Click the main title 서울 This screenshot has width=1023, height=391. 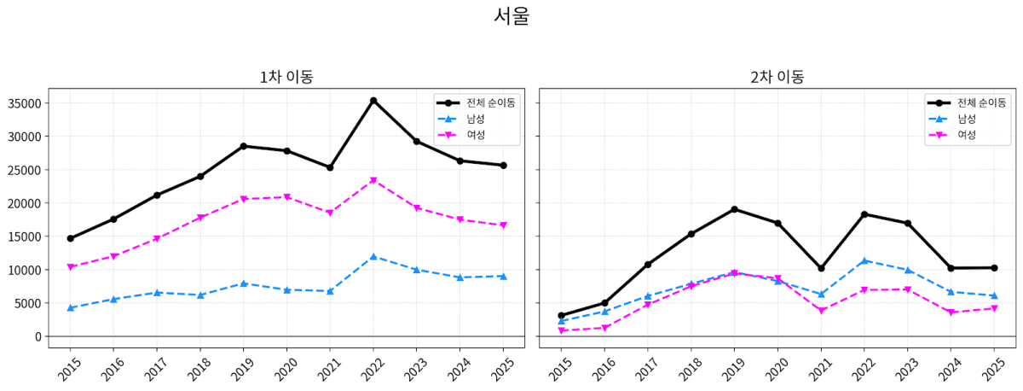511,16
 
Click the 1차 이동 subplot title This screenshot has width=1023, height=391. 286,76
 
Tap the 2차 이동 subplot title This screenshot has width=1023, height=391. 777,76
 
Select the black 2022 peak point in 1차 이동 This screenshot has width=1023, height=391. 373,101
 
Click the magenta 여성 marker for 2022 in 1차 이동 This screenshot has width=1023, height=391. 373,180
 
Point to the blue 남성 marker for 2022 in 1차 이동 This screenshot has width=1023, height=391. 373,256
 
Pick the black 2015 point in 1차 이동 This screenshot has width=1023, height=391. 70,238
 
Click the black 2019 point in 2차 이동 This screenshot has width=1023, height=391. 734,209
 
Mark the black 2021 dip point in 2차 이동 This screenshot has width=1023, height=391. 821,268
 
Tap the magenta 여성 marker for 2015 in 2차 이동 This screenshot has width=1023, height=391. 561,330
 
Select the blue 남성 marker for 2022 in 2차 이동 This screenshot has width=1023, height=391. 864,260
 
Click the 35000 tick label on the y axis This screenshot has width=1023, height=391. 25,103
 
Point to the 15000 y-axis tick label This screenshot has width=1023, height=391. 25,236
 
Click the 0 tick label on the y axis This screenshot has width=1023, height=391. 37,336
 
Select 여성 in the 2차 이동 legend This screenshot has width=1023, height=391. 967,134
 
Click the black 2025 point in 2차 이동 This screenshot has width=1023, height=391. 994,267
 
